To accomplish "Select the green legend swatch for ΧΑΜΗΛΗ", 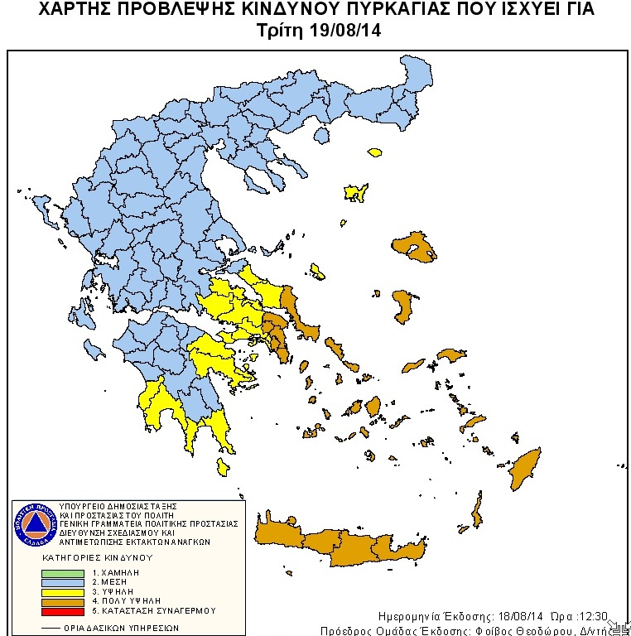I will click(x=63, y=572).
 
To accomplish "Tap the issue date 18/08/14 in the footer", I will click(x=520, y=617).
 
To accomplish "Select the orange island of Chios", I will click(x=403, y=306).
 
